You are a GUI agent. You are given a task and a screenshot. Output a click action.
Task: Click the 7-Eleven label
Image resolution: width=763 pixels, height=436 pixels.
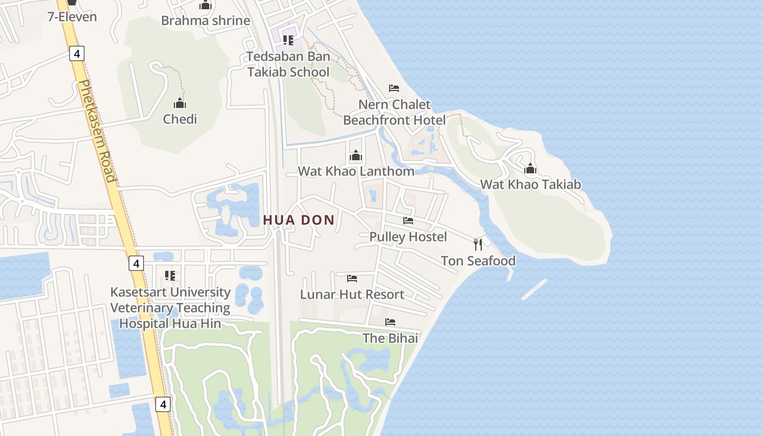72,17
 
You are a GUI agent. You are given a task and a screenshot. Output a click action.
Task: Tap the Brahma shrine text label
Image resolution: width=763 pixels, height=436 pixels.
205,21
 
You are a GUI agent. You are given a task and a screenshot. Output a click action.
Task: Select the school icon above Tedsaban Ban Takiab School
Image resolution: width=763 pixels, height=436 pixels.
288,40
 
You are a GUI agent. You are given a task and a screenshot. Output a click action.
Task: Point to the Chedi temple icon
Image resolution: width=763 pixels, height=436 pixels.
180,103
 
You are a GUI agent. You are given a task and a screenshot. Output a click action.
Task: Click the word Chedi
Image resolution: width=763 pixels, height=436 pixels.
180,119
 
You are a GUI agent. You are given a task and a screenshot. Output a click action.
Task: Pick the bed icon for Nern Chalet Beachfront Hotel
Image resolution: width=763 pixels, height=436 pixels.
394,88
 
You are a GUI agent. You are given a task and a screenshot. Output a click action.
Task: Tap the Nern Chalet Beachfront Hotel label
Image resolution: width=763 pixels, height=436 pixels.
395,112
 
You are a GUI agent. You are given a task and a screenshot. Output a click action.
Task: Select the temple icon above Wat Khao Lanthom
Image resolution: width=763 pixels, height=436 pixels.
356,156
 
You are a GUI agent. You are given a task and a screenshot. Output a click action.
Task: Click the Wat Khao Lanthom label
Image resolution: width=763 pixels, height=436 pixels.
356,171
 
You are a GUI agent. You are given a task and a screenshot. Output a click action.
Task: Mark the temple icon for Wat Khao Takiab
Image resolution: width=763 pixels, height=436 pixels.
530,168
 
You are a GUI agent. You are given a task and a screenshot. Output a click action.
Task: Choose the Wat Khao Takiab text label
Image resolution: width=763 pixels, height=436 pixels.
530,184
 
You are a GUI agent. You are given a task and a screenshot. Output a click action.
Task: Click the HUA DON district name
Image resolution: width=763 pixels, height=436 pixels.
299,220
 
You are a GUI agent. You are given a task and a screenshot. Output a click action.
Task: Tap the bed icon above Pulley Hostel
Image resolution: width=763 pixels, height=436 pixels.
408,221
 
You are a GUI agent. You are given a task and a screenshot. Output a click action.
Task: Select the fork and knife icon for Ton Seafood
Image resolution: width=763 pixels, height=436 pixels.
478,244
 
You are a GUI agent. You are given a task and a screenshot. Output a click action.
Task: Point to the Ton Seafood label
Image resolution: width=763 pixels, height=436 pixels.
478,261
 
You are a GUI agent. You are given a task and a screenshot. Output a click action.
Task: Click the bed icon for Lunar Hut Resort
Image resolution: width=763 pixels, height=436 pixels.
352,278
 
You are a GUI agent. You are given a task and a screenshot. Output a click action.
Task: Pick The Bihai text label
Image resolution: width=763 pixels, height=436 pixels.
390,338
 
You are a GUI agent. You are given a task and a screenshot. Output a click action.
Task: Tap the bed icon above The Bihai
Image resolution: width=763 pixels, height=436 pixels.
390,322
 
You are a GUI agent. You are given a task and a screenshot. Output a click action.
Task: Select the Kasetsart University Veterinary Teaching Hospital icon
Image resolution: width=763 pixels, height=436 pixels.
169,276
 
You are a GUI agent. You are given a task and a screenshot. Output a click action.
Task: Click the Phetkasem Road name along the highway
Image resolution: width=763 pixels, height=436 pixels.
97,131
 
